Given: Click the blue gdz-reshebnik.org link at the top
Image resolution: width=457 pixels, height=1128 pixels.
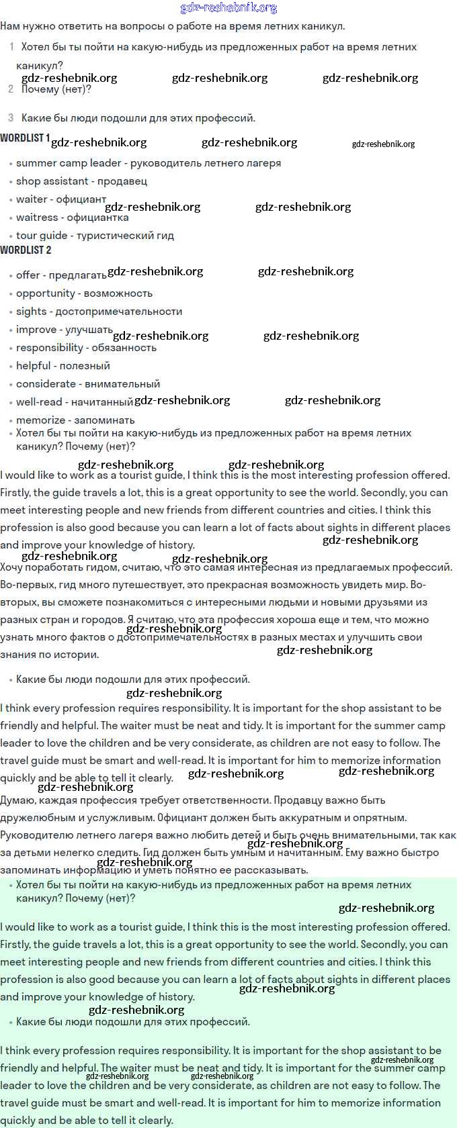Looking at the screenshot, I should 229,8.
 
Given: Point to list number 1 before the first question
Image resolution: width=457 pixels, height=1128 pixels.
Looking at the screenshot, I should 11,47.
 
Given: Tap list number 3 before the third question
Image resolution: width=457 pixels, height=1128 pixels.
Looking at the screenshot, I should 11,118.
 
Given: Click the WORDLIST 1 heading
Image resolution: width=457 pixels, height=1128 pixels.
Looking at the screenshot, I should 25,138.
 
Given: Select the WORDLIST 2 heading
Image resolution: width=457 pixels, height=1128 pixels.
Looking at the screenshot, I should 26,250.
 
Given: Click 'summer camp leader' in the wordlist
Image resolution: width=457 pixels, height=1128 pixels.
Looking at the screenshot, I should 69,163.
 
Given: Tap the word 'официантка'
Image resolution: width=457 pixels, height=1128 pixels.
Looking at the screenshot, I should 97,218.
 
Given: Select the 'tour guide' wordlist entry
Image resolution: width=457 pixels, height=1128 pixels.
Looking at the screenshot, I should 42,236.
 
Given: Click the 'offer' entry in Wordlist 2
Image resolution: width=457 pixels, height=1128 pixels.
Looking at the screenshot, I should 28,275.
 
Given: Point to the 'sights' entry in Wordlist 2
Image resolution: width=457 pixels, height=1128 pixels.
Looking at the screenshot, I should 32,312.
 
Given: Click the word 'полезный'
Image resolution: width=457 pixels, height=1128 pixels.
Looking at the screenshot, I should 85,366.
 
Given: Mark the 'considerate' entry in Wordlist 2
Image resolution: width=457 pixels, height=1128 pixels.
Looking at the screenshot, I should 46,384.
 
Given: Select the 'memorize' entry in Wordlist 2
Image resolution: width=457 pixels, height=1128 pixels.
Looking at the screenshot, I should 41,420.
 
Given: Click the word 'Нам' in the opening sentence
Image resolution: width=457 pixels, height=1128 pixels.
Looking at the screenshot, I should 10,26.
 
